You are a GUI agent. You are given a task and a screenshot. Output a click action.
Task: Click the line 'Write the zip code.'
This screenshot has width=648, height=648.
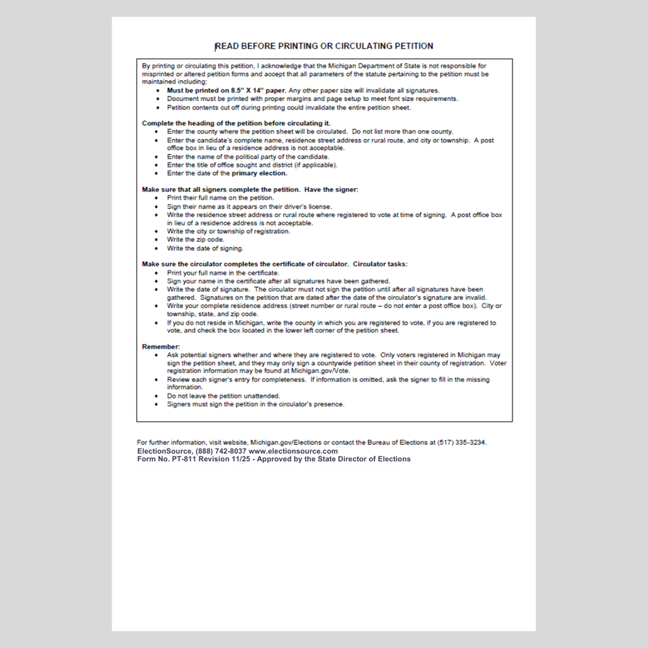(196, 240)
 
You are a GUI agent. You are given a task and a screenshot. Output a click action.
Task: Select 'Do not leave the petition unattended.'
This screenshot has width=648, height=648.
(223, 396)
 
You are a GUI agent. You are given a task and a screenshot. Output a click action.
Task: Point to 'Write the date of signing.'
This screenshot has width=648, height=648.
(205, 248)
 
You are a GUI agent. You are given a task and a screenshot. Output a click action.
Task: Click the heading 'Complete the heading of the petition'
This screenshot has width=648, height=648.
(236, 123)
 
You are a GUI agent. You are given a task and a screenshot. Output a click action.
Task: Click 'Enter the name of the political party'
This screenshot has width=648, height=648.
(248, 157)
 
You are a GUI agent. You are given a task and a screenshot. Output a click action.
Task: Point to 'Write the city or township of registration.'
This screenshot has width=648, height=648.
(228, 231)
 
